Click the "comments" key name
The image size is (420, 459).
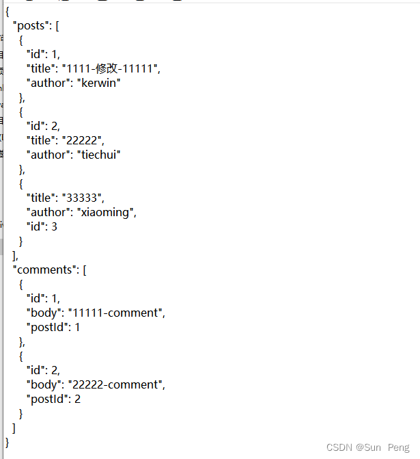45,270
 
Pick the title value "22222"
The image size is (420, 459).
83,140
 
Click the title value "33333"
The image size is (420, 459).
83,198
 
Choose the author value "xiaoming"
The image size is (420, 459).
102,212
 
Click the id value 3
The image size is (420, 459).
54,226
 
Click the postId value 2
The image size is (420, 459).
77,399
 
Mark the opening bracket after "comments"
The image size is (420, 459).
84,270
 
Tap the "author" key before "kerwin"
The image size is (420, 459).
46,83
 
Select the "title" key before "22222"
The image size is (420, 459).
41,140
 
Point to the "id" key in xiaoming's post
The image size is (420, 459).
35,226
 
